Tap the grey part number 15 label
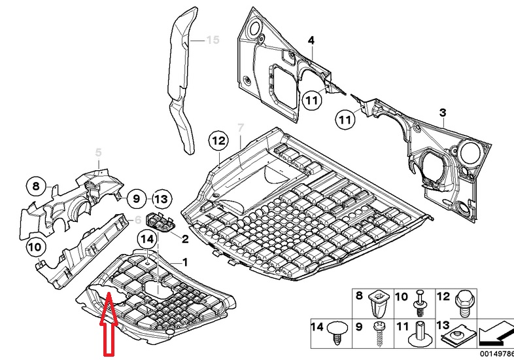(211, 41)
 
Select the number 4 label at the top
(311, 41)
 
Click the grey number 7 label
(240, 126)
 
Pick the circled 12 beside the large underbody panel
(218, 140)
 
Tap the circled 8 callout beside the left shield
(37, 187)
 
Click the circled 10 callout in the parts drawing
(36, 247)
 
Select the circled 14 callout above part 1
(146, 240)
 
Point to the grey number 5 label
(99, 153)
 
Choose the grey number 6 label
(138, 220)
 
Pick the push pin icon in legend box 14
(337, 330)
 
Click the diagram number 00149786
(496, 353)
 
